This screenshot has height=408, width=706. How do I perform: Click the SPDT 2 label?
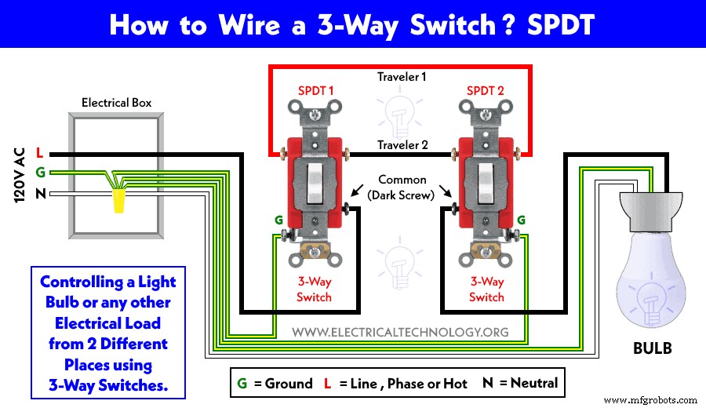tap(486, 91)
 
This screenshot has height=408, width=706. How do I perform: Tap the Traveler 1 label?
tap(401, 77)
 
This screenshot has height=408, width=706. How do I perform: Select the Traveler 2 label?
tap(402, 145)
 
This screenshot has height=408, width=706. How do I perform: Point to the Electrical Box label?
tap(117, 103)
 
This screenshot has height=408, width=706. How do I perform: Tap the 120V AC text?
tap(20, 175)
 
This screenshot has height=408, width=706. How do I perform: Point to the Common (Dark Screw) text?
tap(402, 188)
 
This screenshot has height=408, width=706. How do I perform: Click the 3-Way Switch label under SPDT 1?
tap(314, 289)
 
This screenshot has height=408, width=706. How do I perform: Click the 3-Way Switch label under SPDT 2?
tap(486, 289)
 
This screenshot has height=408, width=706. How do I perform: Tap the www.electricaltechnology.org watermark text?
tap(401, 332)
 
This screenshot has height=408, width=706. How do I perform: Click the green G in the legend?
tap(242, 384)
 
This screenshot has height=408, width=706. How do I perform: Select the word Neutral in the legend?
tap(533, 383)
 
